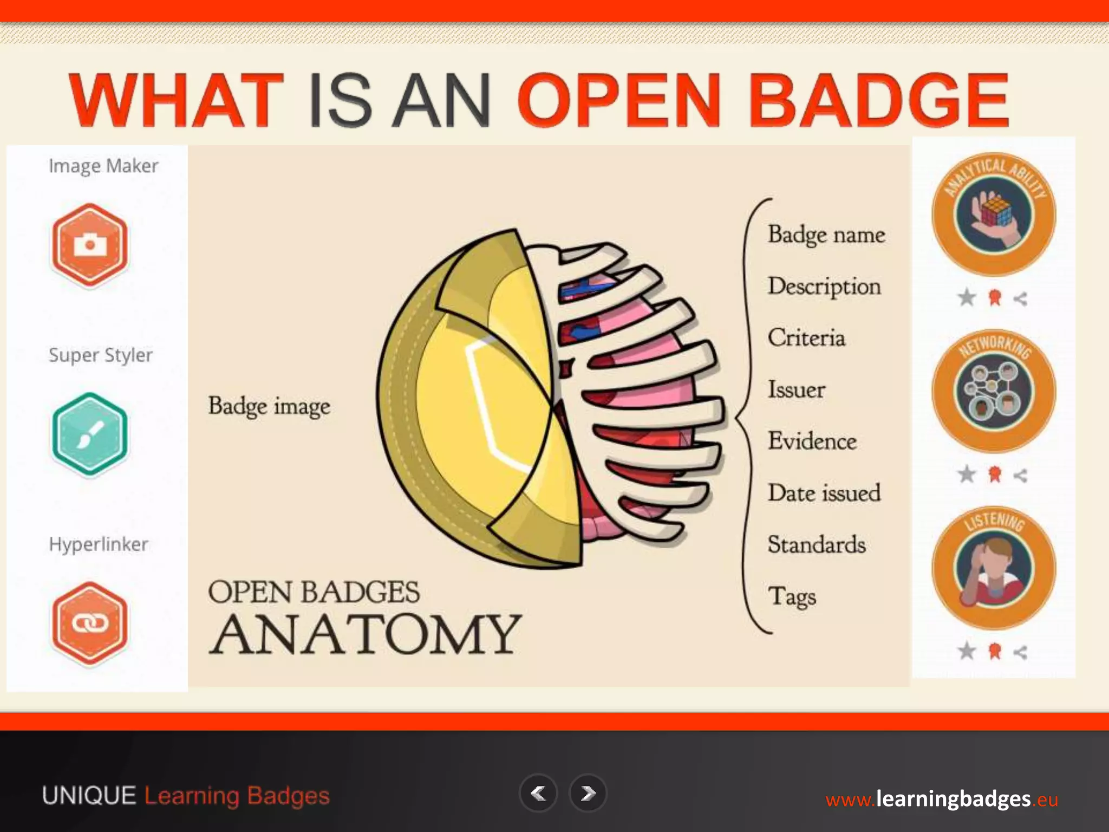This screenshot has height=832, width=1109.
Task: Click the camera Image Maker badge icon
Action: (90, 244)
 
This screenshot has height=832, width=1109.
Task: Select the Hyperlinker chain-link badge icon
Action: (90, 623)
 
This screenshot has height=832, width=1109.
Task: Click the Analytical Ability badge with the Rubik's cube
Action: (994, 214)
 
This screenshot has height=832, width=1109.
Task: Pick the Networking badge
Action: (994, 391)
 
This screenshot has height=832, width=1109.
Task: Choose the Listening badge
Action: (994, 568)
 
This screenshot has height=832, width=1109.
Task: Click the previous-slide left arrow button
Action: (538, 794)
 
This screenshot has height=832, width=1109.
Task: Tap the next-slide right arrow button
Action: (588, 794)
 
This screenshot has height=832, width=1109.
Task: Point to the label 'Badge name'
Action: (826, 235)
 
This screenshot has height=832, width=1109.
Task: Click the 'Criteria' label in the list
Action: (806, 338)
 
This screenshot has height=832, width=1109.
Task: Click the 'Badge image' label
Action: (269, 406)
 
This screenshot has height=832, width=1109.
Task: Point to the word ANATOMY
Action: (365, 634)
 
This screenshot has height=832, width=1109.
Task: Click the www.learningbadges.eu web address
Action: (942, 799)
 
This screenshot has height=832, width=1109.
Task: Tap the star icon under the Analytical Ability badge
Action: (967, 297)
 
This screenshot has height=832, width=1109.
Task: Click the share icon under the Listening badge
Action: (1020, 653)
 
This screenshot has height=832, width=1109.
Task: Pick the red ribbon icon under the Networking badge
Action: (994, 474)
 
